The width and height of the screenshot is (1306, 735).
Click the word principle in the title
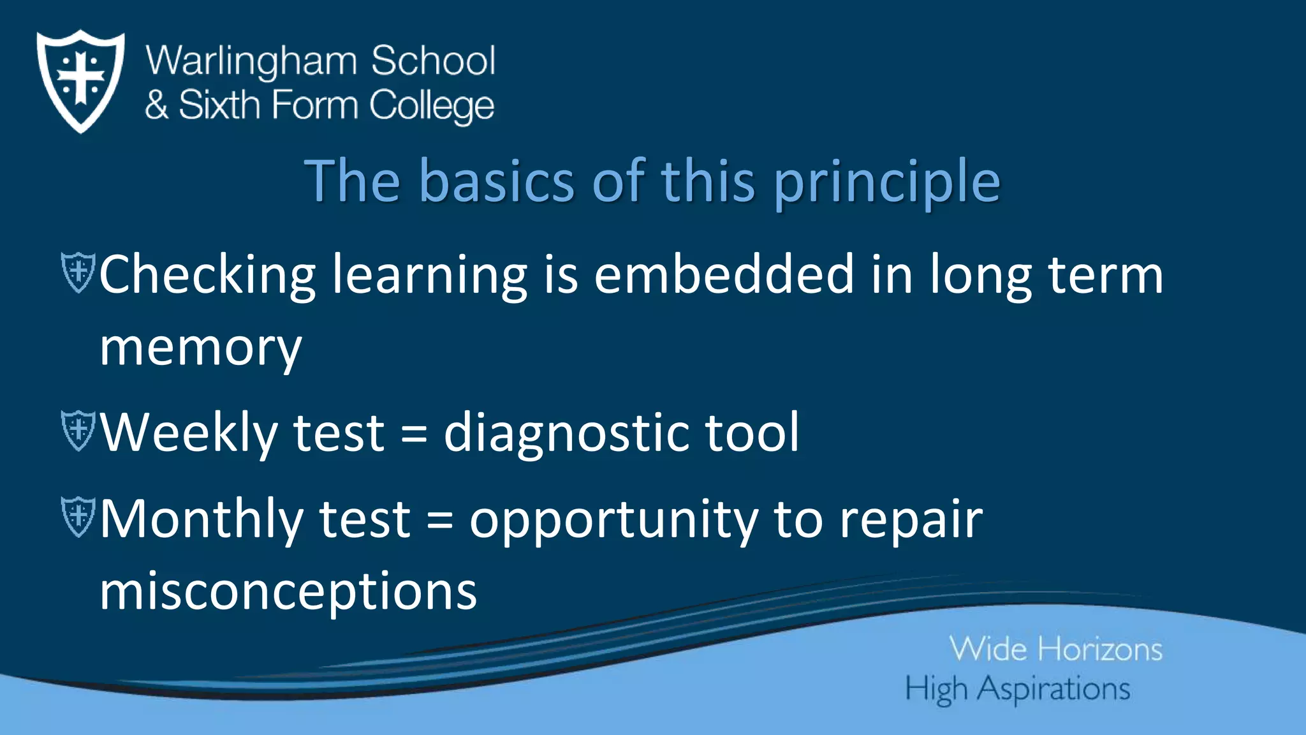(x=887, y=182)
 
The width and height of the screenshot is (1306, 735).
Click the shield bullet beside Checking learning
(x=78, y=272)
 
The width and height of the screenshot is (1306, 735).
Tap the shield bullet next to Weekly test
(x=78, y=431)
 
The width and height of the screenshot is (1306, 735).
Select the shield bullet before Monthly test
(x=78, y=517)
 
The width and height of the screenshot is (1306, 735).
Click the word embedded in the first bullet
(x=724, y=274)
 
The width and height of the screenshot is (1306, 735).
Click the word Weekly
(x=189, y=433)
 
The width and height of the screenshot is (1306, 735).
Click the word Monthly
(x=202, y=519)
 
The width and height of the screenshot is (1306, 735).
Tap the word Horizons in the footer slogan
(x=1100, y=650)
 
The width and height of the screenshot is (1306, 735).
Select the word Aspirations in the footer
(x=1053, y=690)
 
